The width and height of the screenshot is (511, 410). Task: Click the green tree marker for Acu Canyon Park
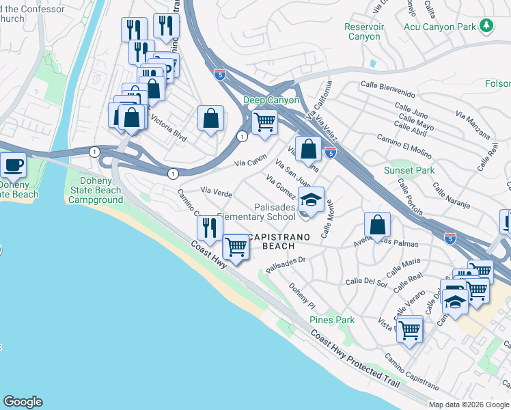pyautogui.click(x=486, y=26)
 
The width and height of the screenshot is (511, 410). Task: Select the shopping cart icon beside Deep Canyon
pyautogui.click(x=264, y=122)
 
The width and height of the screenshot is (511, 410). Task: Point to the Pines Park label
pyautogui.click(x=332, y=320)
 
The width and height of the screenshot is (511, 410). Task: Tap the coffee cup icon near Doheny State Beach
pyautogui.click(x=13, y=164)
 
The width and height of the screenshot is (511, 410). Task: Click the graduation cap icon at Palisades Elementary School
pyautogui.click(x=311, y=200)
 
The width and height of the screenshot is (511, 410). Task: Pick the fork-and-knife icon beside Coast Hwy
pyautogui.click(x=210, y=227)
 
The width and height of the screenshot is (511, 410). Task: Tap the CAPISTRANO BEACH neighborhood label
pyautogui.click(x=279, y=241)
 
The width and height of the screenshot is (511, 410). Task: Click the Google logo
pyautogui.click(x=23, y=402)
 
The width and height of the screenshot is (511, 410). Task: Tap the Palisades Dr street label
pyautogui.click(x=286, y=263)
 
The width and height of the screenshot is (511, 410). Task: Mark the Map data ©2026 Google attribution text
pyautogui.click(x=468, y=405)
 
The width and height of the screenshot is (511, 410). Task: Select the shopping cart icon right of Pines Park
pyautogui.click(x=410, y=330)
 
